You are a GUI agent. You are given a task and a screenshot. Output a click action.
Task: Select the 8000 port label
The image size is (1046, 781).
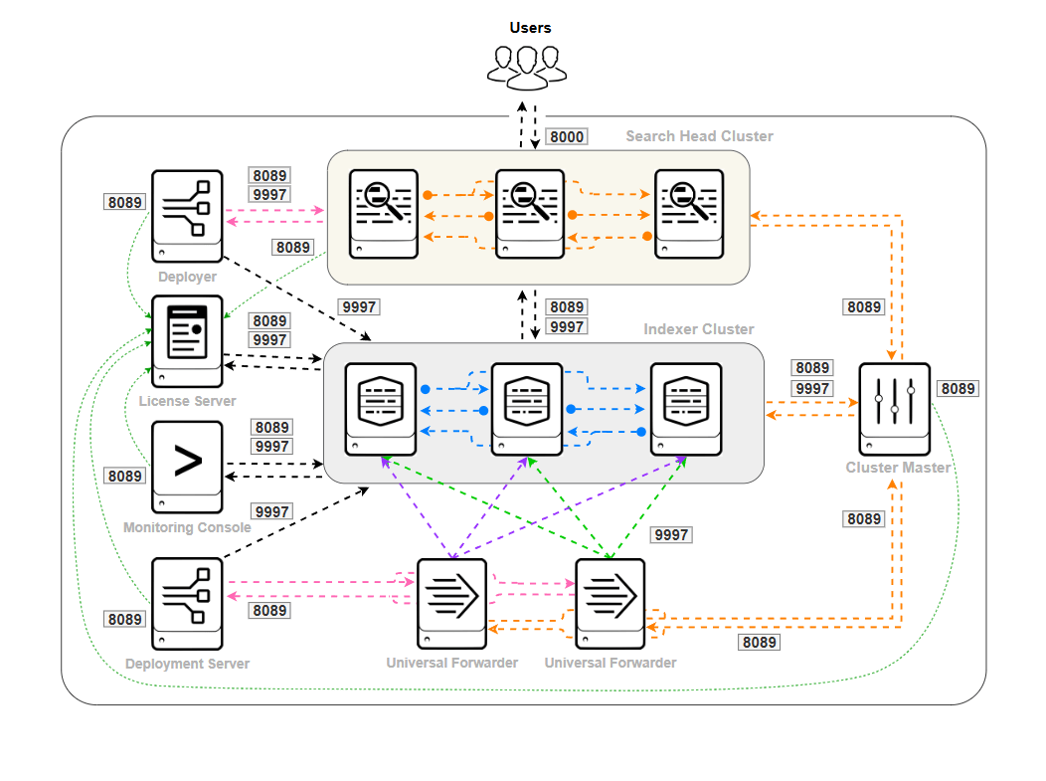[x=567, y=136]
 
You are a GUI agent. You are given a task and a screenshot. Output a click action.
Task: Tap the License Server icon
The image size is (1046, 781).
[x=187, y=340]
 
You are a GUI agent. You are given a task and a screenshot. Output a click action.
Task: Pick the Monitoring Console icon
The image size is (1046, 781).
[x=187, y=467]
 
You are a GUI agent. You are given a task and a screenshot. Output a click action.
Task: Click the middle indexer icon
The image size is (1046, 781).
[x=526, y=408]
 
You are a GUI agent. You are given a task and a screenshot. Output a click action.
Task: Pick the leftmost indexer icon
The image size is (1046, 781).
[x=380, y=408]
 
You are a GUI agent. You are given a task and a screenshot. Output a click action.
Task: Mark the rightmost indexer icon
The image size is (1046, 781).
[x=685, y=408]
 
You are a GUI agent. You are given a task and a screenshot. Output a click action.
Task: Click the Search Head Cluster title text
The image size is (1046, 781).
[x=699, y=136]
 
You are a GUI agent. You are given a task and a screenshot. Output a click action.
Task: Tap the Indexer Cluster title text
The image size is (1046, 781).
[x=699, y=329]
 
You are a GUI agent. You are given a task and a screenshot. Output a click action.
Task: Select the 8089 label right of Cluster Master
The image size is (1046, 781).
[x=958, y=389]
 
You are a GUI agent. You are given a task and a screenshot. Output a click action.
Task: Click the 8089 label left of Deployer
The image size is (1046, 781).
[x=124, y=202]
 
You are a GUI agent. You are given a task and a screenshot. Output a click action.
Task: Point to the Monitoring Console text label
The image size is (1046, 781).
[x=187, y=527]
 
